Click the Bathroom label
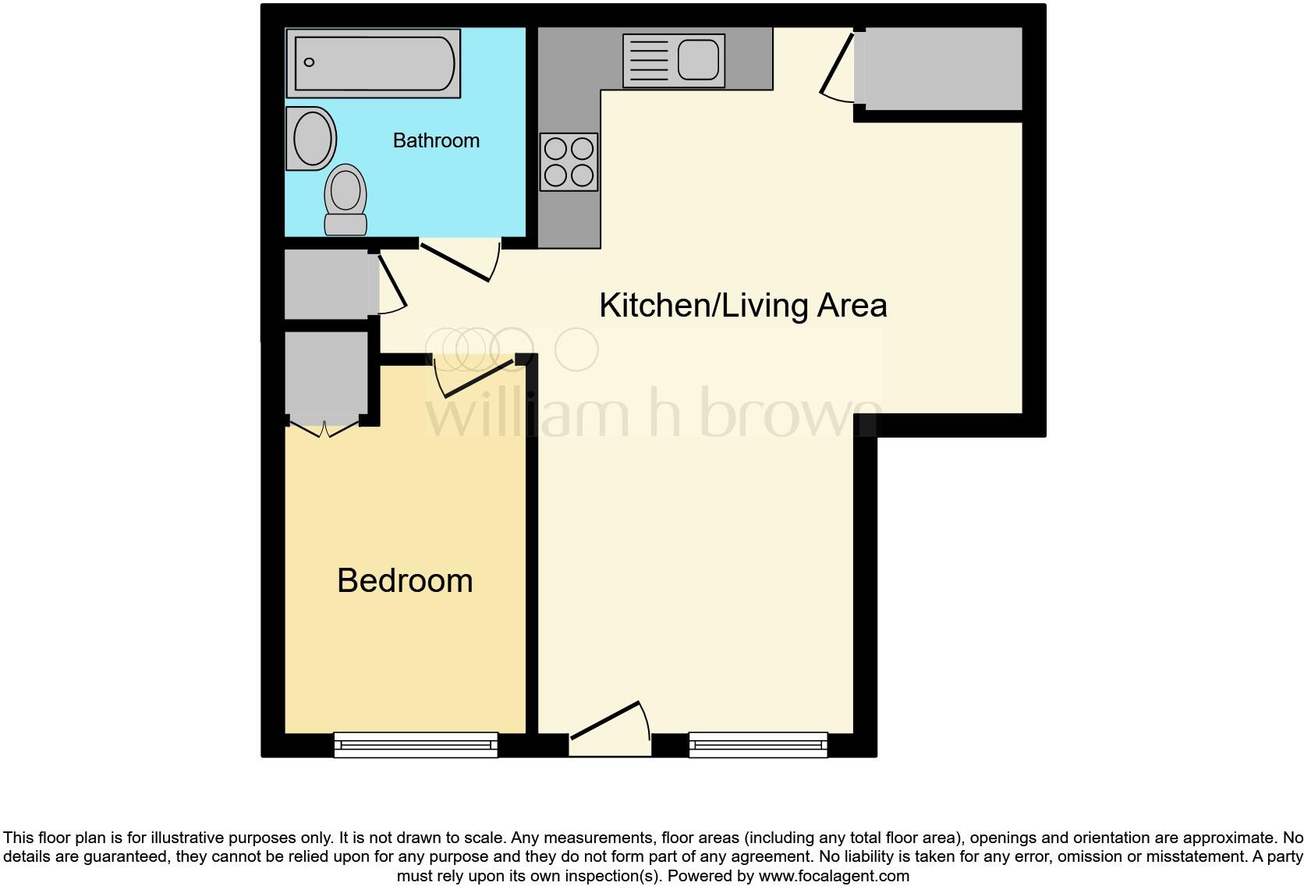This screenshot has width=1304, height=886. point(436,140)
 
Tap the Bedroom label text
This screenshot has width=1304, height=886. point(405,581)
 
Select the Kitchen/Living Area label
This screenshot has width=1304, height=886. point(742,305)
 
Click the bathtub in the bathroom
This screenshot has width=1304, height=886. point(373,63)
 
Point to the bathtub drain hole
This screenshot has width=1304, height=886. point(310,62)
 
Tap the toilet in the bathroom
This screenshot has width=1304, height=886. point(345,200)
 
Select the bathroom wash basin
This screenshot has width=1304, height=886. point(312,138)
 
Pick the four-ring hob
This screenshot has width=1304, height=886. point(569,162)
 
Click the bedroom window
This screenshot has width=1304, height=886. point(416,745)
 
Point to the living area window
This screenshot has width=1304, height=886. point(758,745)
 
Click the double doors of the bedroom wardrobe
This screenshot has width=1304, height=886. point(324,428)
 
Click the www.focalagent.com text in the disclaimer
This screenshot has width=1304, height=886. point(834,876)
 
